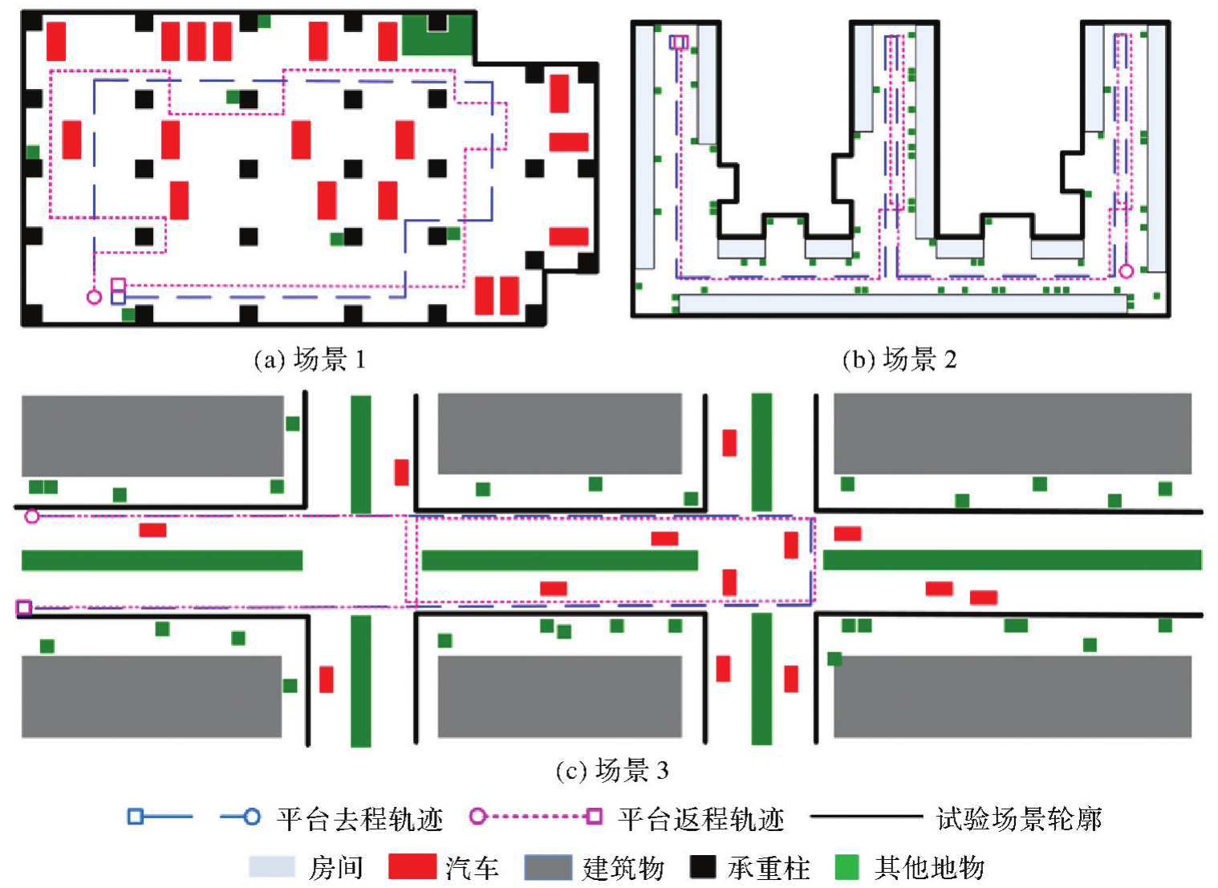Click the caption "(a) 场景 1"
[310, 359]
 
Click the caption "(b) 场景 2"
[899, 359]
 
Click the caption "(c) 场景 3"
[611, 771]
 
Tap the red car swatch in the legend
[412, 867]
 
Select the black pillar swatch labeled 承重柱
[703, 867]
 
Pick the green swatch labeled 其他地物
[847, 867]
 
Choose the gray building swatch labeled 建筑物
[548, 867]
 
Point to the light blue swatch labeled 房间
[272, 867]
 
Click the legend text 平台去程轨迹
[359, 819]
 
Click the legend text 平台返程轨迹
[700, 819]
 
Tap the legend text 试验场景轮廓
[1019, 819]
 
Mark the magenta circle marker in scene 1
[94, 297]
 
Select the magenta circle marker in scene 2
[1126, 271]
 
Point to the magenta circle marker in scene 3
[32, 516]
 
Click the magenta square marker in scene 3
[24, 608]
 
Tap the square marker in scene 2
[679, 42]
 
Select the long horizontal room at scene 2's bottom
[903, 303]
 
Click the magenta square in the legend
[594, 817]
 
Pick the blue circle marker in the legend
[252, 817]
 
